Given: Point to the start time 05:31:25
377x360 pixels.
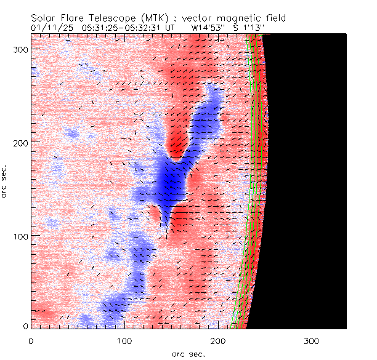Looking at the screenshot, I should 94,28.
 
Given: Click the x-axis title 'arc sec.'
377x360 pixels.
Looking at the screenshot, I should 188,353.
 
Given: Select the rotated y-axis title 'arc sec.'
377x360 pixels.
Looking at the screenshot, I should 5,181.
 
